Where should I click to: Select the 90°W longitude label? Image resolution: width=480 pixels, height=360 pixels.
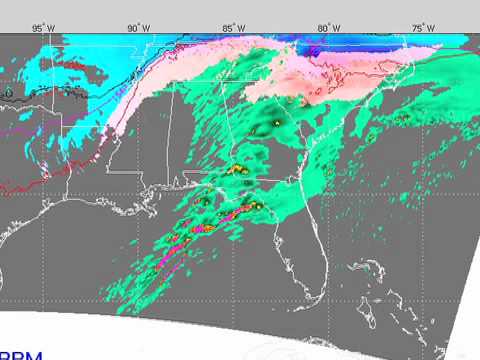(138, 27)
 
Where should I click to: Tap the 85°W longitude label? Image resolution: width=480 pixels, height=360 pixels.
(232, 27)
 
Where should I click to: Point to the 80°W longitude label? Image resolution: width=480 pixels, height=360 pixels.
(327, 27)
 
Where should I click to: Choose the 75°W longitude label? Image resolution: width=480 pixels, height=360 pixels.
(422, 27)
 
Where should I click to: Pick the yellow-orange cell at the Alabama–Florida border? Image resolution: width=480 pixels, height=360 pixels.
(238, 170)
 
